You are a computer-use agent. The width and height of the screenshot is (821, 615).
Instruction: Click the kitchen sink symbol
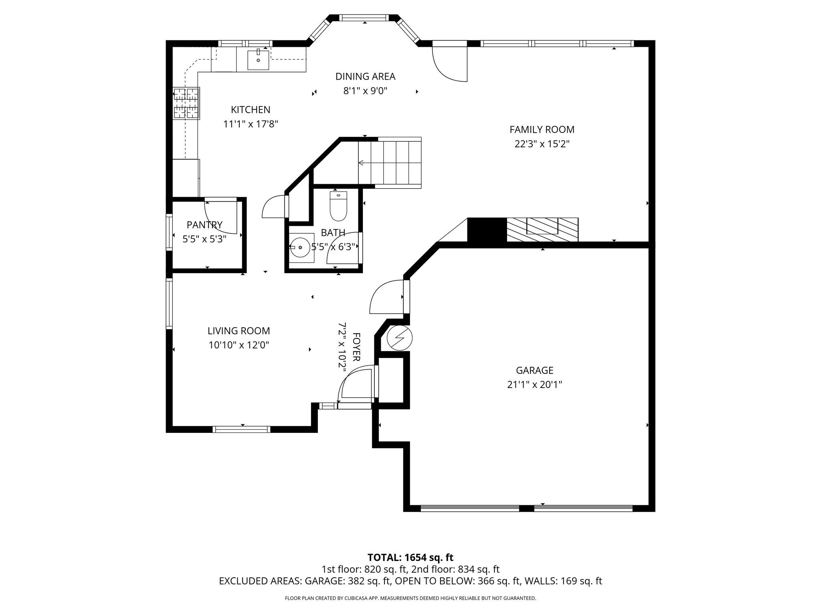point(258,60)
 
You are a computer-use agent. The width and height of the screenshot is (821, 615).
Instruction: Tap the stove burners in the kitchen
point(186,103)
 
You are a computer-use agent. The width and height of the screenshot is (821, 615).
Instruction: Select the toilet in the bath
point(338,207)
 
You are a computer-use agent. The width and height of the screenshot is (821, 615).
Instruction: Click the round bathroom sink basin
point(300,247)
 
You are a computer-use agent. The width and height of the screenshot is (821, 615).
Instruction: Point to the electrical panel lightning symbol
point(399,338)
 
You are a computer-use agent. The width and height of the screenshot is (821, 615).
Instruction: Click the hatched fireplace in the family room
point(542,229)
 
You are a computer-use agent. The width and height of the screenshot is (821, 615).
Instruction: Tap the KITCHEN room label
point(251,110)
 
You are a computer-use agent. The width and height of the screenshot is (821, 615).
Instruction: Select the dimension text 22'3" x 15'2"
point(542,144)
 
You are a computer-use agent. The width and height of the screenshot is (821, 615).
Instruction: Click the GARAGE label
point(534,370)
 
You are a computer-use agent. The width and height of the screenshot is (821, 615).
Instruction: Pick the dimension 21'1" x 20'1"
point(534,385)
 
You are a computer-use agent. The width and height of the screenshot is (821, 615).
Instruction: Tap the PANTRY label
point(204,225)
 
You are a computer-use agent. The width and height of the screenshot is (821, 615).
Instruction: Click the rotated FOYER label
point(356,347)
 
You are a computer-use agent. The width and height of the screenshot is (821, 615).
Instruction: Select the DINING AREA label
point(365,76)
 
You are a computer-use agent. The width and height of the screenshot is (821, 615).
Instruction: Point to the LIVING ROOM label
point(239,331)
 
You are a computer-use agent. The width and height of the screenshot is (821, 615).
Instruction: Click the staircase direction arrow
point(361,163)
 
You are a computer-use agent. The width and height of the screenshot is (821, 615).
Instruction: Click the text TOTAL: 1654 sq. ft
point(410,557)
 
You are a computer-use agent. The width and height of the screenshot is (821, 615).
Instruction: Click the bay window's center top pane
point(364,18)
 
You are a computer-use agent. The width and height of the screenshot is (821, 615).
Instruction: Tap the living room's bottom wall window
point(241,429)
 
